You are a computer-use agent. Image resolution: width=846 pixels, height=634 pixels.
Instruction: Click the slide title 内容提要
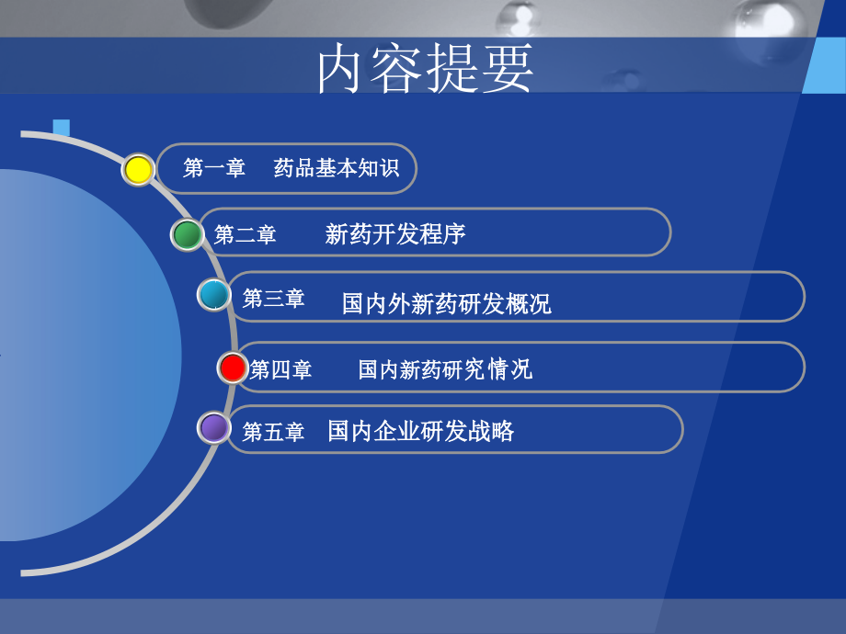pyautogui.click(x=425, y=69)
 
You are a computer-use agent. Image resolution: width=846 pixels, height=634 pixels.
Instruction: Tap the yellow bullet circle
pyautogui.click(x=138, y=170)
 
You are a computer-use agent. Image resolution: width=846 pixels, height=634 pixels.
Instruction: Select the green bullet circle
pyautogui.click(x=188, y=235)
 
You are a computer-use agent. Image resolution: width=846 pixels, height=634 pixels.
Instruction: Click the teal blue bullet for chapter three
pyautogui.click(x=214, y=295)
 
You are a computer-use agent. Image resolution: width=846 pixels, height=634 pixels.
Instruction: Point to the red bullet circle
pyautogui.click(x=234, y=368)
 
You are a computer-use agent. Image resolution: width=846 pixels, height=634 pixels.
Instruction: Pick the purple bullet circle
pyautogui.click(x=214, y=427)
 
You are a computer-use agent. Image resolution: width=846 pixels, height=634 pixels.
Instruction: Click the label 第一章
pyautogui.click(x=214, y=168)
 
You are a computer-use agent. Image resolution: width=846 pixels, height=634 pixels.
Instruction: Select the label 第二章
pyautogui.click(x=246, y=235)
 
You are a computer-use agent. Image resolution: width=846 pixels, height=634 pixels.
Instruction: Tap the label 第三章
pyautogui.click(x=273, y=299)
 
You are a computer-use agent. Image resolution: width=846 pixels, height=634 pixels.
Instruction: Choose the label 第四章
pyautogui.click(x=280, y=369)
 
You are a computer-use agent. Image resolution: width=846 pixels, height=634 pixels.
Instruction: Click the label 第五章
pyautogui.click(x=273, y=432)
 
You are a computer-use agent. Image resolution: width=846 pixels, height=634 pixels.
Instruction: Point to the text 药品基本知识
pyautogui.click(x=337, y=168)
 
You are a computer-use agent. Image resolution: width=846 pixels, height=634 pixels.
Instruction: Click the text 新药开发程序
pyautogui.click(x=395, y=234)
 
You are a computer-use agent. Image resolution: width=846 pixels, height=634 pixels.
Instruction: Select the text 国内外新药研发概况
pyautogui.click(x=446, y=303)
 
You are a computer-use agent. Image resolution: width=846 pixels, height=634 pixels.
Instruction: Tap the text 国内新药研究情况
pyautogui.click(x=445, y=369)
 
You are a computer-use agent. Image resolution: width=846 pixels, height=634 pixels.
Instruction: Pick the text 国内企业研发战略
pyautogui.click(x=420, y=430)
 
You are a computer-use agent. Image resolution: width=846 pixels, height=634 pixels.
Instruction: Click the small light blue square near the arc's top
pyautogui.click(x=62, y=128)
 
